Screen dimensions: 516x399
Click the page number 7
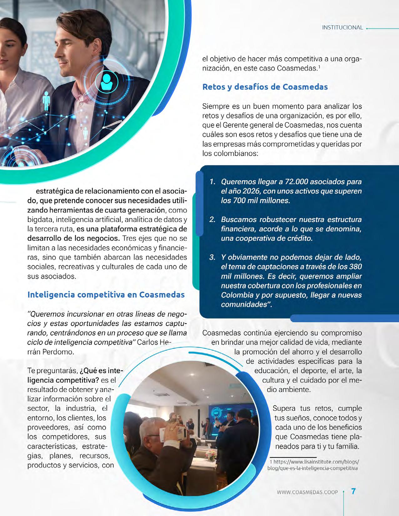pyautogui.click(x=353, y=491)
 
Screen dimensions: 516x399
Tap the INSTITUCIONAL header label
pyautogui.click(x=342, y=28)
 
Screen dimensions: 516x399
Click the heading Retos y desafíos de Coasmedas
pyautogui.click(x=265, y=87)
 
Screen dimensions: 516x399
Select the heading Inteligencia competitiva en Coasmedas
pyautogui.click(x=106, y=295)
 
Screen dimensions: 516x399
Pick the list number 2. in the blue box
pyautogui.click(x=213, y=219)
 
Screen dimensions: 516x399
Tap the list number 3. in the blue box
pyautogui.click(x=213, y=258)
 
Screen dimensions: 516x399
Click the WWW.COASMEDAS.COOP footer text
pyautogui.click(x=307, y=492)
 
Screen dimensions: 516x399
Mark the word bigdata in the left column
pyautogui.click(x=41, y=219)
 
